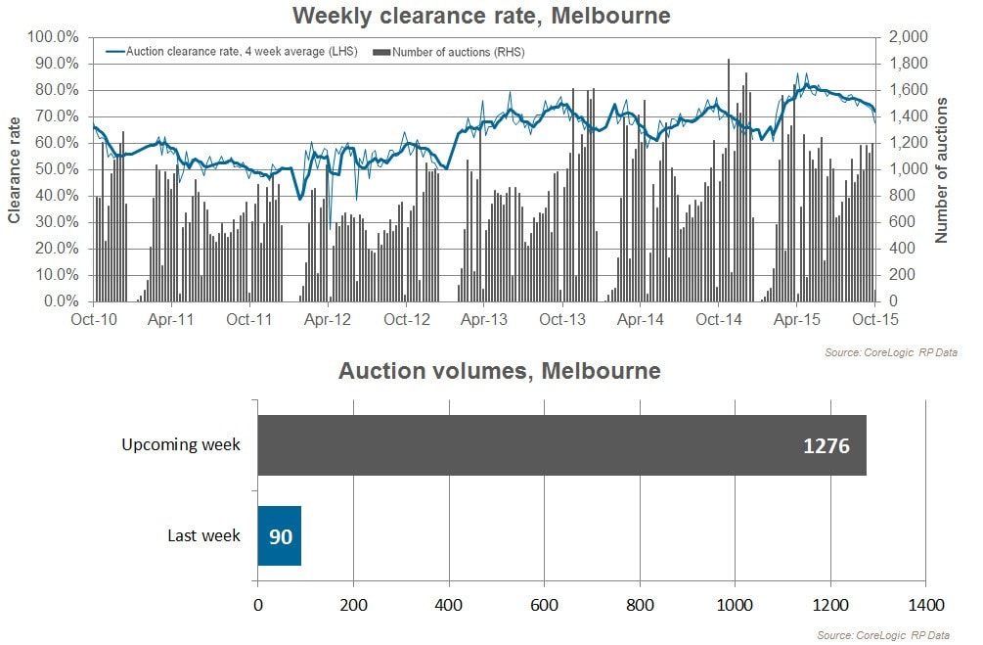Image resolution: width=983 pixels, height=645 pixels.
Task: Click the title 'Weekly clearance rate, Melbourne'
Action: coord(480,16)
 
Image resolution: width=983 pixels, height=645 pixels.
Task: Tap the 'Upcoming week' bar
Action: coord(561,445)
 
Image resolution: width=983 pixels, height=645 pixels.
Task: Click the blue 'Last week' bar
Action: coord(279,535)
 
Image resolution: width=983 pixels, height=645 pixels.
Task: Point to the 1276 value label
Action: coord(827,446)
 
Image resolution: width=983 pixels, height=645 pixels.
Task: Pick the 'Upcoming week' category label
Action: coord(181,445)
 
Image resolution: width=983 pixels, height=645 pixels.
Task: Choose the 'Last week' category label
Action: coord(203,535)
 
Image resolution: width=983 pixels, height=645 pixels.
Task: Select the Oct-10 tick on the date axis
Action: coord(93,319)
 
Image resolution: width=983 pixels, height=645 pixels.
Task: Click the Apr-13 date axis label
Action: coord(484,319)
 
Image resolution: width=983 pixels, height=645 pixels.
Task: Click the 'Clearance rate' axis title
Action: coord(15,170)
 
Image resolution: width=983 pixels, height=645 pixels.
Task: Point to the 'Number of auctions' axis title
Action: coord(942,170)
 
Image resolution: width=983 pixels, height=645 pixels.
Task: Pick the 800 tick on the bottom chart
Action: coord(640,604)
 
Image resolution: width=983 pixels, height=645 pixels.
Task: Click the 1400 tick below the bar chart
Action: coord(926,604)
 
